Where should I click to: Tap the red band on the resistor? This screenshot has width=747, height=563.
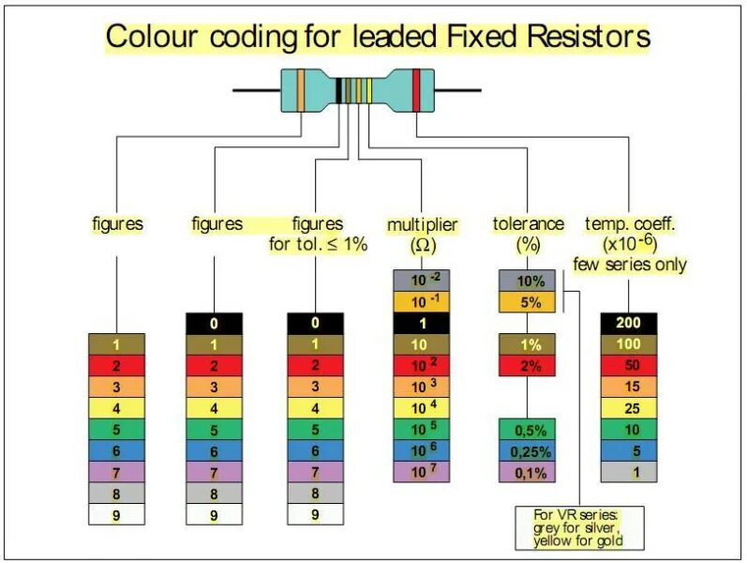pos(416,90)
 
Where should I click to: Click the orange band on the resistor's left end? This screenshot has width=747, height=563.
pos(300,90)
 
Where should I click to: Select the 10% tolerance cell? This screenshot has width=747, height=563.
pos(530,281)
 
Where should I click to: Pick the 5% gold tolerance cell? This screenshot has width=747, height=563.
pos(530,302)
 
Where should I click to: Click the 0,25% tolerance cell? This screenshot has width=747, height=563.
pos(530,451)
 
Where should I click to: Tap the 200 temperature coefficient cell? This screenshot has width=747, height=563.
pos(628,323)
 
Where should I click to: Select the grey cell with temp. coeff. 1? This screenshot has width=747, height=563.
pos(628,472)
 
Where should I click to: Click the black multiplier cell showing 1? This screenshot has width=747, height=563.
pos(422,323)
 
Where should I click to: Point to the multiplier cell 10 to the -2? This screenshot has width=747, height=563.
pos(422,281)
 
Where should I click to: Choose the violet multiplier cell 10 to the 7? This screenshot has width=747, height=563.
pos(422,472)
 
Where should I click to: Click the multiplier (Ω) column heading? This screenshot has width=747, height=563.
pos(422,235)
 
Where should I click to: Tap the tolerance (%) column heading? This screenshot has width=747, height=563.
pos(529,235)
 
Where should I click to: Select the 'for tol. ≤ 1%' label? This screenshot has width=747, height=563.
pos(318,245)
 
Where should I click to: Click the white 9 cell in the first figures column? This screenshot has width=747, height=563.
pos(117,514)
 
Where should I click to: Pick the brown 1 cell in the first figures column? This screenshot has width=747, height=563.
pos(117,344)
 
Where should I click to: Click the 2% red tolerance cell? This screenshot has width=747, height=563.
pos(530,366)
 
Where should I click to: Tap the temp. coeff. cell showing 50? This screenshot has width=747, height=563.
pos(628,365)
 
